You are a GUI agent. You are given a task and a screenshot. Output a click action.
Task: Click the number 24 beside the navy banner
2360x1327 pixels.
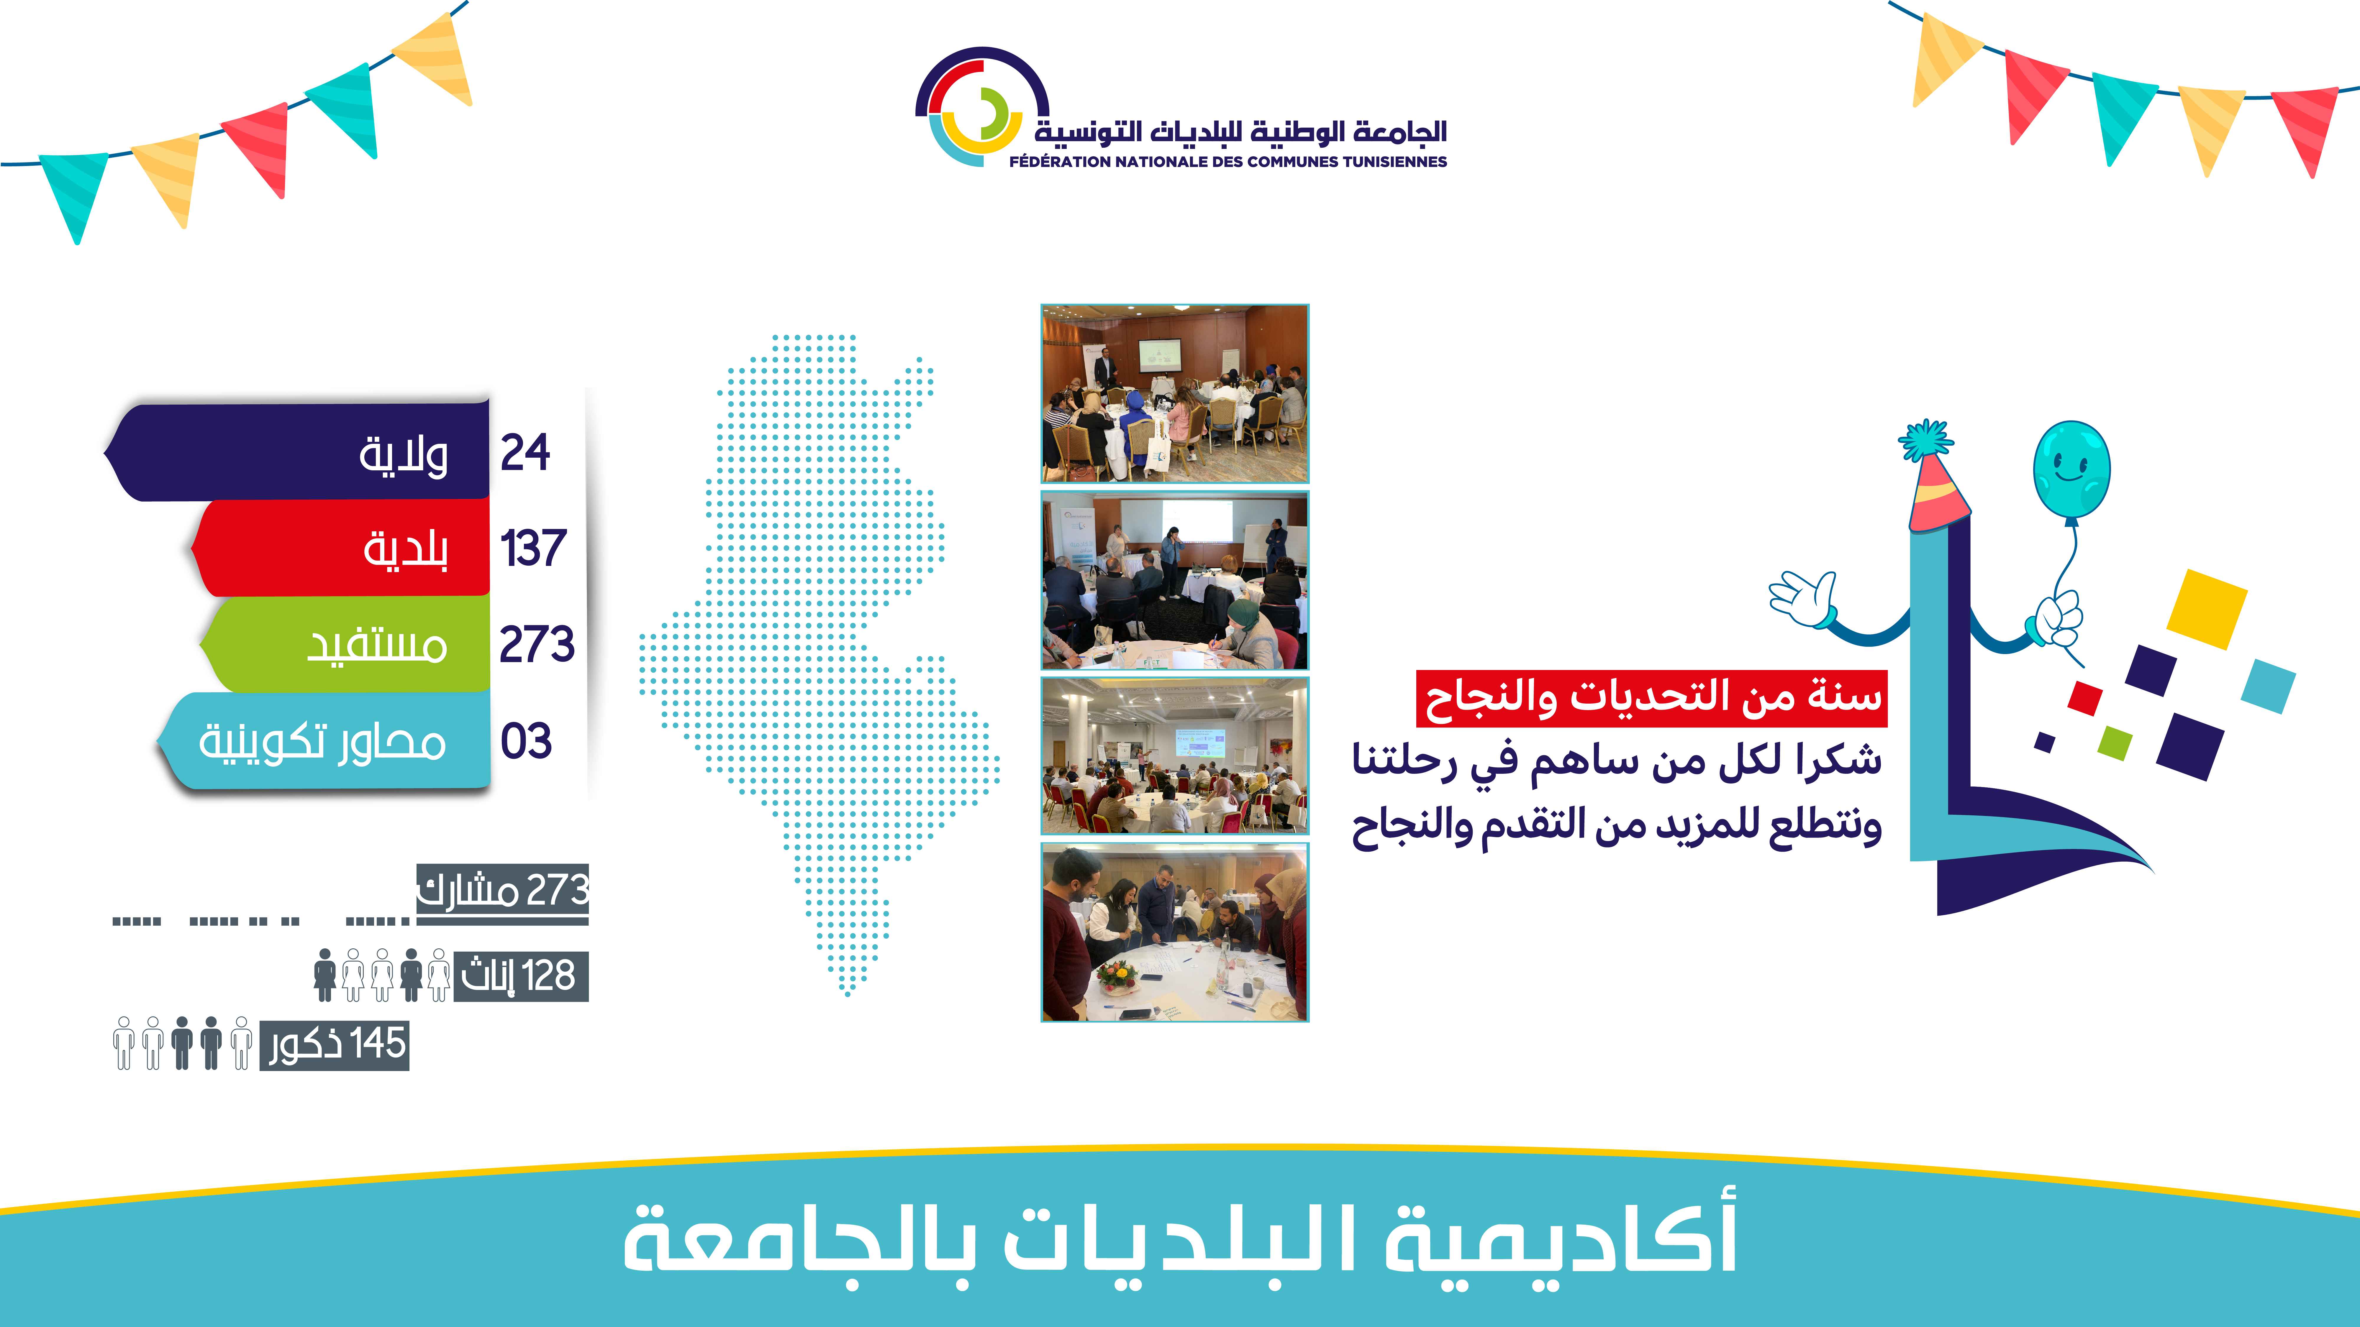coord(525,452)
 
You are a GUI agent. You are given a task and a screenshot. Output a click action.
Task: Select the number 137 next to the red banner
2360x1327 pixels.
coord(533,548)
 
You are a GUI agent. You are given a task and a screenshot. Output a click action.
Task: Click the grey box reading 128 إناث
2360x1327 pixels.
coord(519,976)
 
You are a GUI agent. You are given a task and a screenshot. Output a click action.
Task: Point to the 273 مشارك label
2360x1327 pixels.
coord(502,890)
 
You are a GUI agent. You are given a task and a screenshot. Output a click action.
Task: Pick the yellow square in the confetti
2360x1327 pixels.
coord(2206,607)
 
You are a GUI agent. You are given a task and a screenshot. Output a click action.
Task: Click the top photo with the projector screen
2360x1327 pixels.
coord(1174,394)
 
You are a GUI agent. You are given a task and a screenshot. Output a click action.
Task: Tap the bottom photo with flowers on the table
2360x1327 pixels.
coord(1174,932)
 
